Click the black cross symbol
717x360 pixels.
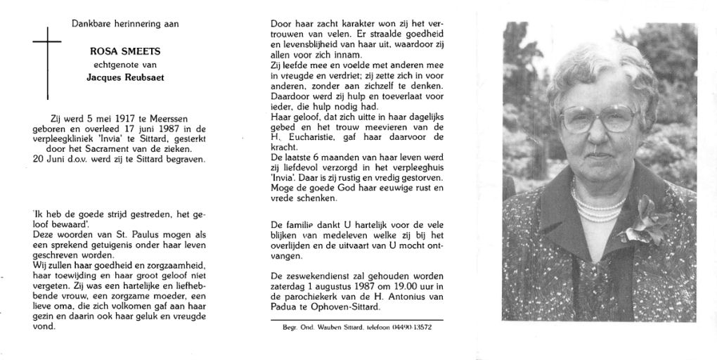point(48,63)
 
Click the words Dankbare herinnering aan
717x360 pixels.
point(124,24)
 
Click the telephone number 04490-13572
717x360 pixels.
point(411,328)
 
